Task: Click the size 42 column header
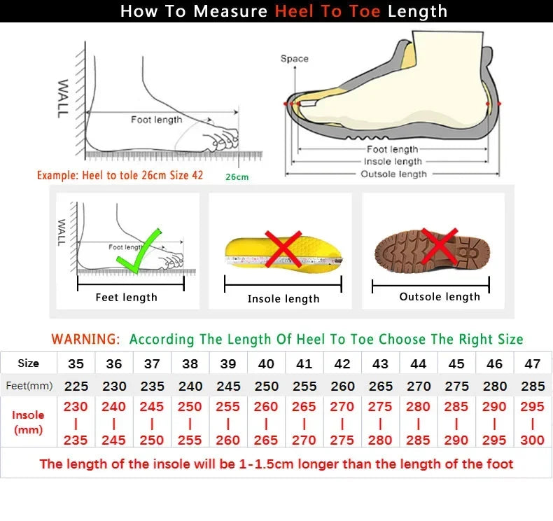[x=342, y=364]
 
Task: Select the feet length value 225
[x=76, y=386]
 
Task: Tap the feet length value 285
[x=533, y=386]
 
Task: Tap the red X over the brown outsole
[x=439, y=246]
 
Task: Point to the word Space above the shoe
[x=294, y=59]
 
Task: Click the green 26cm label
[x=237, y=177]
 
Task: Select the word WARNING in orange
[x=85, y=340]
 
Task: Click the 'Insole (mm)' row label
[x=28, y=422]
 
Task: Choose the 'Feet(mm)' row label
[x=29, y=386]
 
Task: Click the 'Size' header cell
[x=28, y=363]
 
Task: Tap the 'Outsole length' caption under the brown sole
[x=440, y=297]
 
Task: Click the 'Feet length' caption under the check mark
[x=126, y=298]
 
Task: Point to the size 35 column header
[x=76, y=364]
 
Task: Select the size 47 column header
[x=533, y=364]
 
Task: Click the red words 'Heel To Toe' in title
[x=328, y=11]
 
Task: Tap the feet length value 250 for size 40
[x=266, y=386]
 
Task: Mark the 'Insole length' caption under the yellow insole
[x=283, y=299]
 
